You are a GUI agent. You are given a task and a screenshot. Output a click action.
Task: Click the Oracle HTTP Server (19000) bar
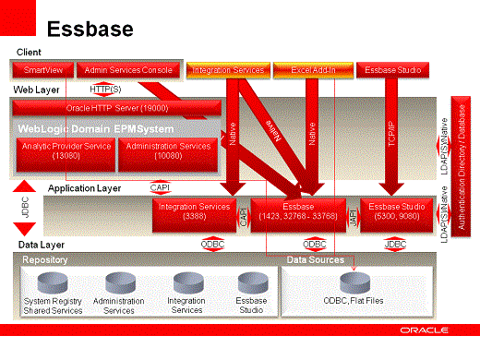click(121, 108)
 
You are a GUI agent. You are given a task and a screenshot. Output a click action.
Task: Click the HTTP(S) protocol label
click(107, 89)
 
